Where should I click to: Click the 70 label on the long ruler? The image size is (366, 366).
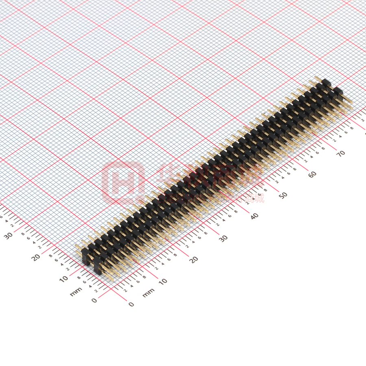[x=341, y=153]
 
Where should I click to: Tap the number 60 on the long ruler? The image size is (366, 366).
[x=312, y=174]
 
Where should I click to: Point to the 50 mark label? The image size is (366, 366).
[x=283, y=195]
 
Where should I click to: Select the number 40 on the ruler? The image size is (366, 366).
[x=255, y=216]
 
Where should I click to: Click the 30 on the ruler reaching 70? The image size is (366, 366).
[x=223, y=238]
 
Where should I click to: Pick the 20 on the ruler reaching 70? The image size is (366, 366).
[x=194, y=259]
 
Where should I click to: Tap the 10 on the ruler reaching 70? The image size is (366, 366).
[x=163, y=281]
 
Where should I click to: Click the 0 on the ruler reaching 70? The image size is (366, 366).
[x=131, y=304]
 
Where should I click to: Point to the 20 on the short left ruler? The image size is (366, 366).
[x=37, y=257]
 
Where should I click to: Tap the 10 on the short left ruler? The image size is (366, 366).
[x=64, y=279]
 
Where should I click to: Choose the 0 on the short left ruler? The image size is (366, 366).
[x=94, y=300]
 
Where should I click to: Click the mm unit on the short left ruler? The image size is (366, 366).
[x=76, y=291]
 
